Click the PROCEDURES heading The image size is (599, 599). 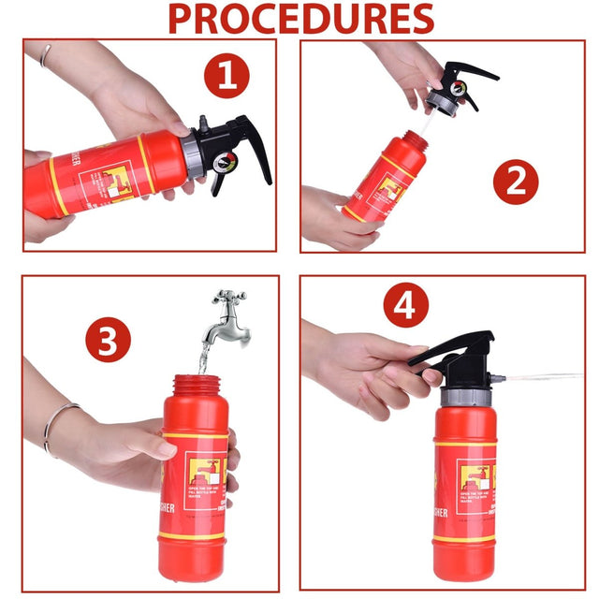click(300, 19)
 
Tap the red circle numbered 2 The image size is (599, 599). click(516, 182)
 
